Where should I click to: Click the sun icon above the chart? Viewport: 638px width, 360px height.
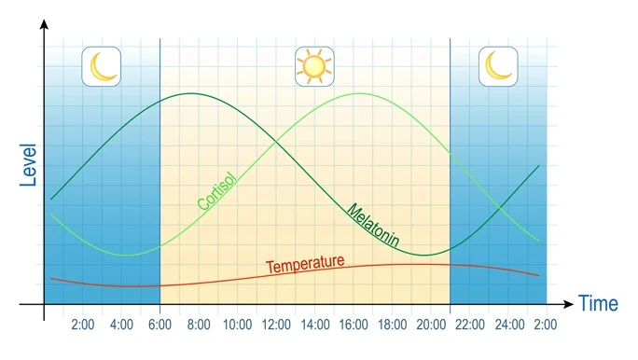(x=313, y=66)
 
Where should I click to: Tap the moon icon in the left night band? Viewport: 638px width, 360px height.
(x=101, y=66)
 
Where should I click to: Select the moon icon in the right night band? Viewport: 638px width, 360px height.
(x=498, y=66)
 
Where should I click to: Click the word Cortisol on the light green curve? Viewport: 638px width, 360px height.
(x=216, y=190)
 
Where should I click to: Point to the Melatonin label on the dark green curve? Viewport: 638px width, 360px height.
(x=373, y=226)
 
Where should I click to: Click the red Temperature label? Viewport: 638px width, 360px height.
(x=305, y=265)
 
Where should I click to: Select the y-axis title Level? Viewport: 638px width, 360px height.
(x=28, y=166)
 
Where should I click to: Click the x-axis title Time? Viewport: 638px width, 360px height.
(x=598, y=303)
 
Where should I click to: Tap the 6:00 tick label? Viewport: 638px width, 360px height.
(x=160, y=325)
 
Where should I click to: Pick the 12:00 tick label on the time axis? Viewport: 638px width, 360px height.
(x=277, y=325)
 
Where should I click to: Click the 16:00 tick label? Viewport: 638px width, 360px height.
(x=354, y=325)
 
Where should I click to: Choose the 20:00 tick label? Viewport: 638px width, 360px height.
(x=432, y=325)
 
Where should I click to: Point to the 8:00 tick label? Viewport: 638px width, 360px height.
(x=199, y=325)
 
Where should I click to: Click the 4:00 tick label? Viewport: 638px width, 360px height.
(x=121, y=325)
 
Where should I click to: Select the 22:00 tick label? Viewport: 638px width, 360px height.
(x=470, y=325)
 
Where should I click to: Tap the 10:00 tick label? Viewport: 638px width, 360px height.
(x=238, y=325)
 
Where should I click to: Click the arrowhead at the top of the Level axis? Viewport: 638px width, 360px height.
(x=44, y=23)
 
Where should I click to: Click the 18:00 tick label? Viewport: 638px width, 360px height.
(x=393, y=325)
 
